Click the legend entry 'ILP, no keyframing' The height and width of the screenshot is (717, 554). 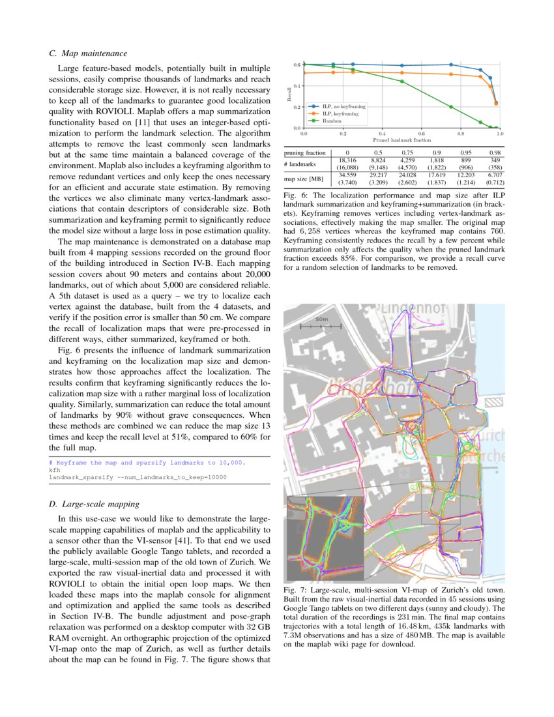(343, 106)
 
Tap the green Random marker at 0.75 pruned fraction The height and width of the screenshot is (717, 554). (451, 107)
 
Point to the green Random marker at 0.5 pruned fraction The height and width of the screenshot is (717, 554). (402, 81)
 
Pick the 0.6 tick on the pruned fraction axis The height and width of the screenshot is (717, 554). (422, 134)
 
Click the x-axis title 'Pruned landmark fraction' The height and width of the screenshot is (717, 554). (401, 140)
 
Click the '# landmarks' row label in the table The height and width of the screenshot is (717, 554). (300, 164)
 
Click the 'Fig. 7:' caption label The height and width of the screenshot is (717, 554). (297, 591)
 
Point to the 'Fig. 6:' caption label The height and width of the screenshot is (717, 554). (297, 196)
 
